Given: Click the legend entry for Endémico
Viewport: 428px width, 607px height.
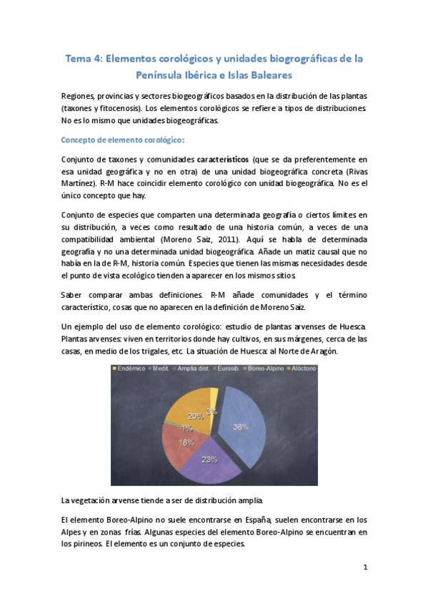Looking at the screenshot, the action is (x=131, y=369).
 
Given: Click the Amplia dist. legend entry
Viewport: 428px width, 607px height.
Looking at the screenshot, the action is (x=176, y=369).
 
